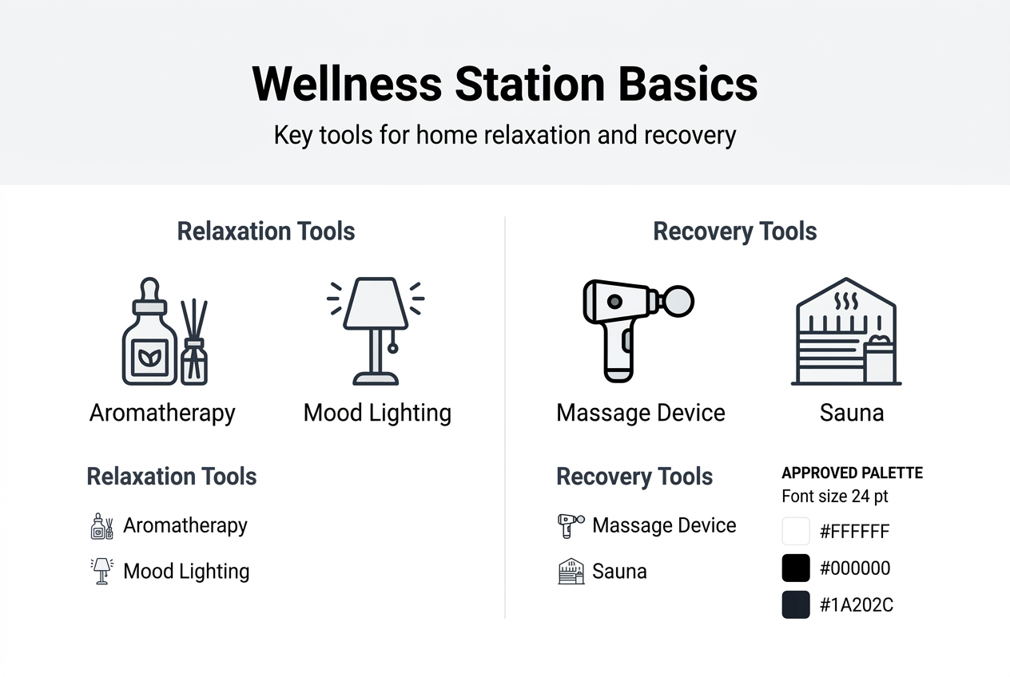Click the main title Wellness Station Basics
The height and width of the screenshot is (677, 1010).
pyautogui.click(x=504, y=84)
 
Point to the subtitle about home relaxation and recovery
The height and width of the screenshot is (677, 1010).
pyautogui.click(x=504, y=135)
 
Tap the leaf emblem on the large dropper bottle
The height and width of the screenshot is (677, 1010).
pyautogui.click(x=149, y=356)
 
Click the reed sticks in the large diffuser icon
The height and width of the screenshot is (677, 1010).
pyautogui.click(x=193, y=319)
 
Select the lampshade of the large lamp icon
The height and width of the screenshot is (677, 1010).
pyautogui.click(x=376, y=304)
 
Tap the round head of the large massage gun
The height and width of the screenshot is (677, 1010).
pyautogui.click(x=679, y=301)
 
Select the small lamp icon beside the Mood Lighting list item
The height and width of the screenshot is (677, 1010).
pyautogui.click(x=101, y=572)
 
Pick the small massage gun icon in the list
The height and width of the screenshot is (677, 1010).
pyautogui.click(x=570, y=526)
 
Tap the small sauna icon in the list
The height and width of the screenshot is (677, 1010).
pyautogui.click(x=571, y=572)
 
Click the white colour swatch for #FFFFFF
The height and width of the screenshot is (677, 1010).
pyautogui.click(x=796, y=532)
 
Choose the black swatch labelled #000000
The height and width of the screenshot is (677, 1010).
pyautogui.click(x=796, y=568)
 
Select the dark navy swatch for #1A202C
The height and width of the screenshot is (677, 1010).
pyautogui.click(x=796, y=605)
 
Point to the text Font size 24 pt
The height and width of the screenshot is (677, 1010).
pyautogui.click(x=834, y=497)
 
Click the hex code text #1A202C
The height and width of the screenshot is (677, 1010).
pyautogui.click(x=857, y=605)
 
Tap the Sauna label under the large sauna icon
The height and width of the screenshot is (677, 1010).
pyautogui.click(x=852, y=413)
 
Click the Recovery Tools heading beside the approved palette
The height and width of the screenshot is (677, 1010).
pyautogui.click(x=634, y=477)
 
